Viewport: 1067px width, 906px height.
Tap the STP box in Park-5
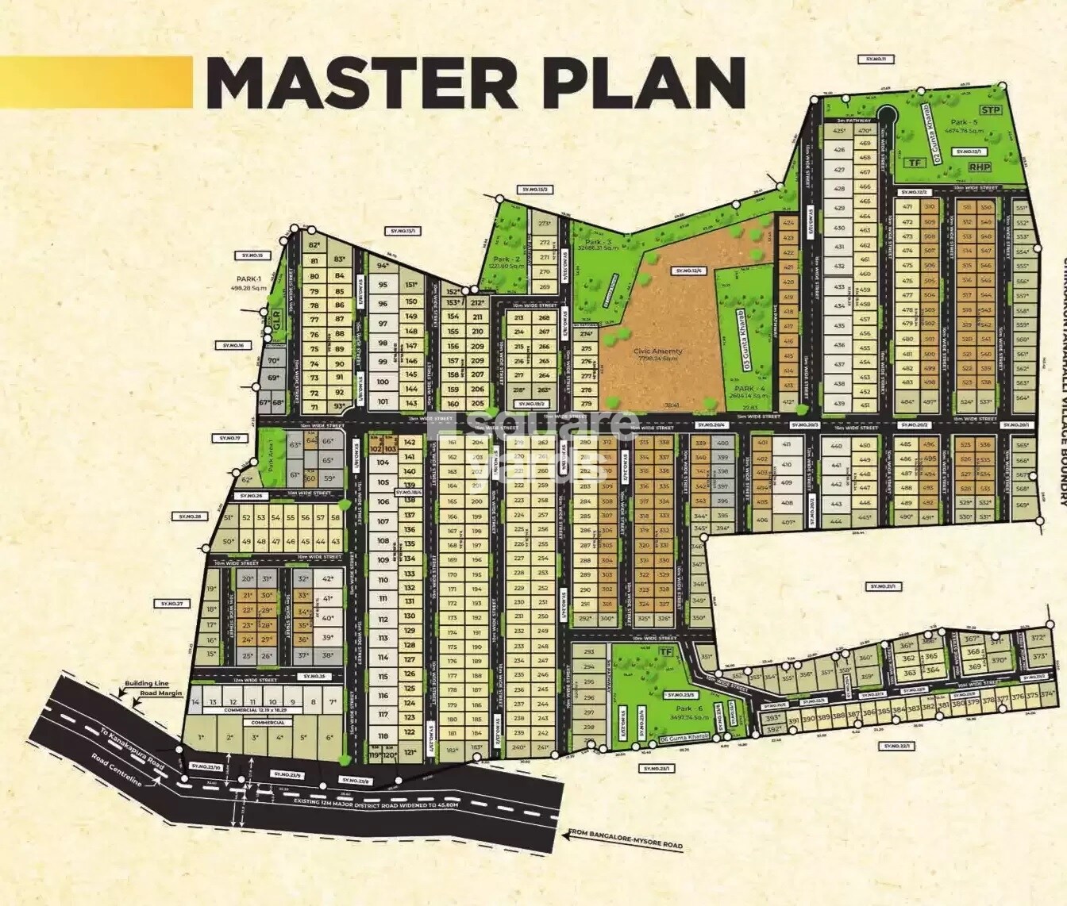[990, 110]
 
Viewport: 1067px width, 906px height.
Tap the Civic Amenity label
[658, 351]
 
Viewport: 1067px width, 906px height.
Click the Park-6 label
[689, 708]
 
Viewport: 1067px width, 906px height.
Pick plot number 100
[383, 382]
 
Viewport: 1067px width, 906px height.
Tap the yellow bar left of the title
[95, 82]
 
